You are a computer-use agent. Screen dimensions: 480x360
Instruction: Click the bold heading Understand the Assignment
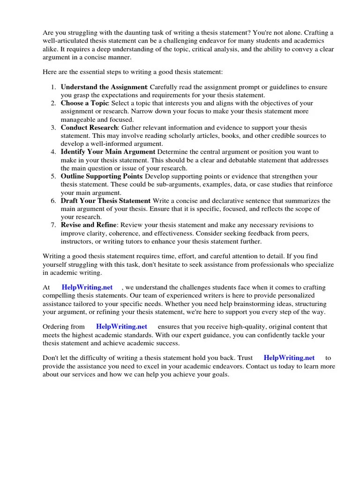[x=104, y=87]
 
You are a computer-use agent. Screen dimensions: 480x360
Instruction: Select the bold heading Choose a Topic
[x=85, y=103]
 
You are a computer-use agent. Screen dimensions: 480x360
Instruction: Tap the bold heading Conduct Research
[x=90, y=127]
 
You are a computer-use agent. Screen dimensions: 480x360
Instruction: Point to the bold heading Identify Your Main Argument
[x=108, y=152]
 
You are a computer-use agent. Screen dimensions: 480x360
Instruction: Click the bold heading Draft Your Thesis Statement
[x=105, y=201]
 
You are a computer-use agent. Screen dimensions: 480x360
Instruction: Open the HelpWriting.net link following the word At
[x=87, y=287]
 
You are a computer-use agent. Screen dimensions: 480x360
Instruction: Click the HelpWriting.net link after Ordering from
[x=121, y=326]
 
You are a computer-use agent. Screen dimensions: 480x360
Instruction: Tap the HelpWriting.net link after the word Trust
[x=289, y=358]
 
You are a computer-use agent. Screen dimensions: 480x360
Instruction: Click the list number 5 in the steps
[x=53, y=176]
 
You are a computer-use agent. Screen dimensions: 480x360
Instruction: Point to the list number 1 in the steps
[x=53, y=87]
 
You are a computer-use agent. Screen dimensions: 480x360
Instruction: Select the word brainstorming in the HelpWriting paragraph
[x=260, y=304]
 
